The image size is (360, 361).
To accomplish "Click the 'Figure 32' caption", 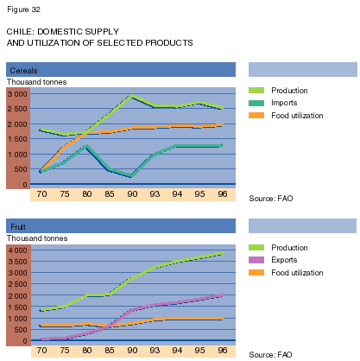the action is tap(23, 9).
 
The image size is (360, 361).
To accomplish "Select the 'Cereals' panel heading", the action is tap(23, 71).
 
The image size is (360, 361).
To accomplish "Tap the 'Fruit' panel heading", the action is tap(18, 227).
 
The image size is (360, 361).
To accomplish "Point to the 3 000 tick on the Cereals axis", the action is tap(17, 94).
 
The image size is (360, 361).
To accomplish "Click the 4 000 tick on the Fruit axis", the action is tap(17, 250).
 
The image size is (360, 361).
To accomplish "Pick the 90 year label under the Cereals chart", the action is tap(132, 193).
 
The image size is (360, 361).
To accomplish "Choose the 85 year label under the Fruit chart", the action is tap(110, 350).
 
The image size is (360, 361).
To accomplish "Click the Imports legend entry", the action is tap(273, 103).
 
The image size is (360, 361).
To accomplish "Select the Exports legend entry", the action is tap(273, 260).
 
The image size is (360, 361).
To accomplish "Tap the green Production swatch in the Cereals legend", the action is tap(256, 91).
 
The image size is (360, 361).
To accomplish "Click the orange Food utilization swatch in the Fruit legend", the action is tap(256, 272).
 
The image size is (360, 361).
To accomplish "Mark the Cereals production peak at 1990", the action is tap(132, 96).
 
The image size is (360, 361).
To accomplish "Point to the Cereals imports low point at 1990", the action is tap(131, 175).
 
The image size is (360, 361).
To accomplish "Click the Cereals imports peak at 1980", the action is tap(86, 146).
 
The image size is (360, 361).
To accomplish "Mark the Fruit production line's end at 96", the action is tap(222, 253).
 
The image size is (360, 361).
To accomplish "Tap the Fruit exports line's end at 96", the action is tap(222, 295).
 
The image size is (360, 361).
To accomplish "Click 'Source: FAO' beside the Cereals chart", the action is tap(271, 199).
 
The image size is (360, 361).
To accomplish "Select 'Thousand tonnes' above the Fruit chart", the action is tap(37, 238).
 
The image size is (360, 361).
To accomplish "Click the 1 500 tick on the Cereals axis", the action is tap(17, 139).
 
